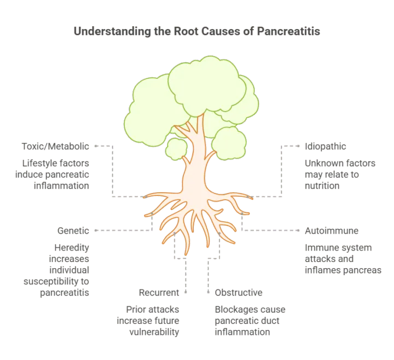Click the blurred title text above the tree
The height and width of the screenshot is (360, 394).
[x=197, y=32]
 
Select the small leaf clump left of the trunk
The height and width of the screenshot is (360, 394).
[x=176, y=148]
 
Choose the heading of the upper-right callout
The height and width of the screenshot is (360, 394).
[x=325, y=147]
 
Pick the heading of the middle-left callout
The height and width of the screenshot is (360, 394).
[x=73, y=229]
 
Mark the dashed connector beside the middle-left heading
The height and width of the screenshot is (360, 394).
[x=120, y=230]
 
